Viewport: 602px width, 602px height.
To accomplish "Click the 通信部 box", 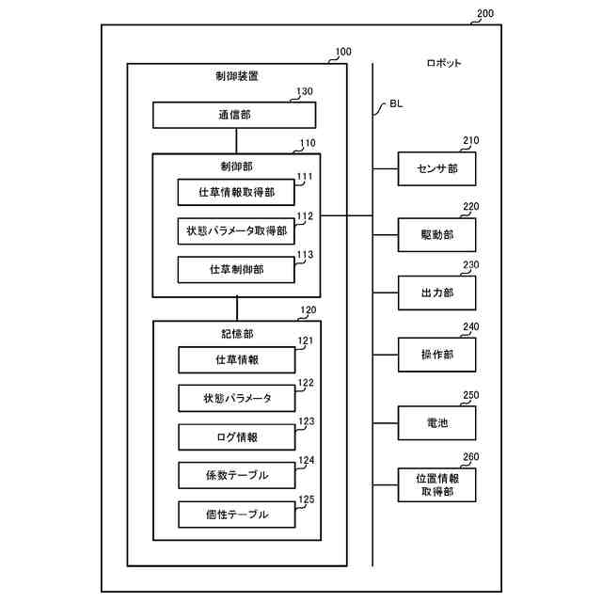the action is click(234, 115).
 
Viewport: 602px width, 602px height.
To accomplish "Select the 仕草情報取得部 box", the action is click(236, 192).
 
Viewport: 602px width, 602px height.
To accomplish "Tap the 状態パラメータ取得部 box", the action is click(236, 231).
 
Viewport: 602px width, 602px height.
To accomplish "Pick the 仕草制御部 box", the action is click(236, 270).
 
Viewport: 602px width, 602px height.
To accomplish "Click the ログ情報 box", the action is click(237, 436).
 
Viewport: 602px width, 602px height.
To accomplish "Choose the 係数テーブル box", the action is click(237, 475).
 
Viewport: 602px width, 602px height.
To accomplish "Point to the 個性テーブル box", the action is click(237, 515).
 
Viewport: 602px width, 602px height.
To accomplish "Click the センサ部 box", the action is click(436, 169).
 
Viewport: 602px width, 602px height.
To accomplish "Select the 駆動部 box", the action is click(436, 235).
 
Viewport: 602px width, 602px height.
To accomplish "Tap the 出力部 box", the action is click(436, 293).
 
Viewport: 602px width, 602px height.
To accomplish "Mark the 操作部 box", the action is click(436, 355).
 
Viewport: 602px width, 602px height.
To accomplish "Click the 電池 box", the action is click(436, 423).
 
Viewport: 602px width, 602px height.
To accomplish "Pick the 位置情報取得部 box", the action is click(436, 485).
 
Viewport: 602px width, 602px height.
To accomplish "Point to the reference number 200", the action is click(485, 13).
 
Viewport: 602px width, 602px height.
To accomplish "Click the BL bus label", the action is click(396, 103).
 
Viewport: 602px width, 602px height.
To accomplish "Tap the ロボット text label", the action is click(444, 63).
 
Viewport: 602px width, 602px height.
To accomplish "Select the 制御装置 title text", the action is click(236, 76).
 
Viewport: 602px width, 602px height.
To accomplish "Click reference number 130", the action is click(305, 91).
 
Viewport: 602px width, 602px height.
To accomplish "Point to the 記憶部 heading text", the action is click(237, 334).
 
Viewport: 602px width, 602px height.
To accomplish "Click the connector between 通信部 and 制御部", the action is click(236, 141).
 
